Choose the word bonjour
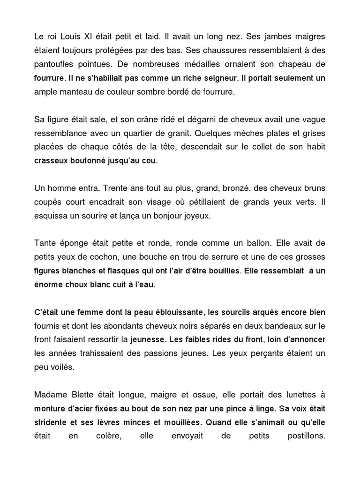click(166, 217)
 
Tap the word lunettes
click(300, 395)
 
